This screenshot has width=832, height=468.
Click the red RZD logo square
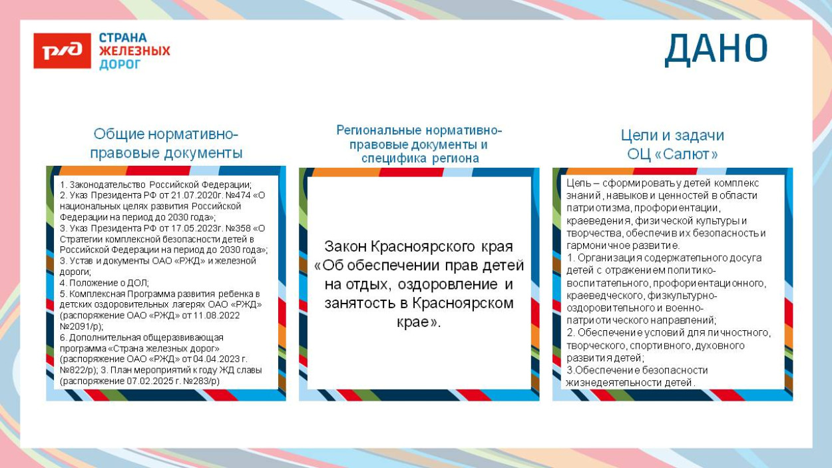[62, 51]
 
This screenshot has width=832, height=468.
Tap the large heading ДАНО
[716, 49]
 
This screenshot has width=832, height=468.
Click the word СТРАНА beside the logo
[123, 38]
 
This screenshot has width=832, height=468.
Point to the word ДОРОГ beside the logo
[120, 64]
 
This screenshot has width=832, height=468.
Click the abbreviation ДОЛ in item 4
[138, 282]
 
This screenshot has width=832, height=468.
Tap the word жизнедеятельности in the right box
[609, 382]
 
